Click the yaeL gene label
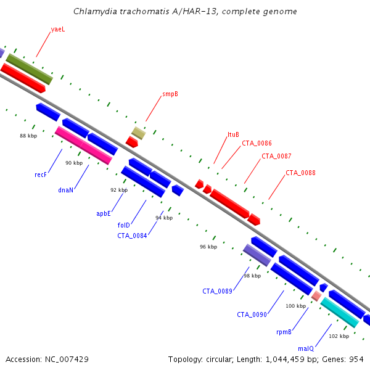[x=58, y=29]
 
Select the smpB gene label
[x=170, y=94]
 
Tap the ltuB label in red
[x=233, y=134]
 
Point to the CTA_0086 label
[x=257, y=143]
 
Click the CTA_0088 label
[x=300, y=173]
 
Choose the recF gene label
[x=41, y=175]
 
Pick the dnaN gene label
[x=65, y=190]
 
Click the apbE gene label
[x=104, y=213]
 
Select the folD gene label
[x=124, y=225]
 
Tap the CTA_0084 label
[x=132, y=236]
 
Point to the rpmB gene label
[x=284, y=332]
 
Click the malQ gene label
[x=306, y=348]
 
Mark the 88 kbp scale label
[x=28, y=136]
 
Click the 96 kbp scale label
[x=208, y=247]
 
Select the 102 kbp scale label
[x=339, y=336]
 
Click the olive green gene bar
[x=29, y=69]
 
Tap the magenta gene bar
[x=83, y=146]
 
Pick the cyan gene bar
[x=340, y=313]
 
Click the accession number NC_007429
[x=67, y=360]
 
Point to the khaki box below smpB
[x=139, y=133]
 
